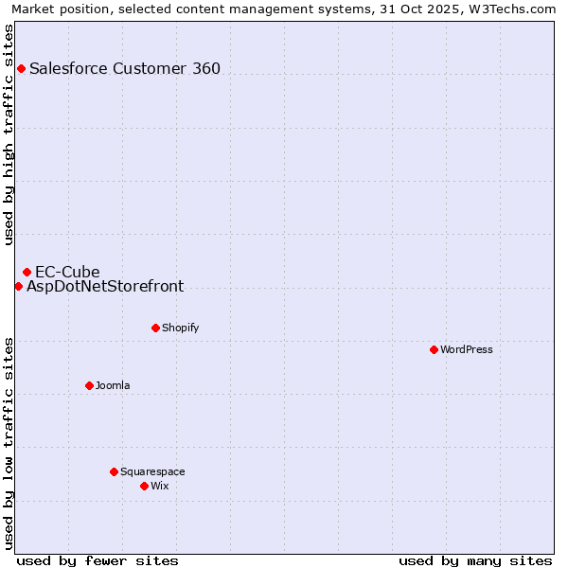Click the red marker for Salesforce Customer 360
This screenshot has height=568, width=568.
21,68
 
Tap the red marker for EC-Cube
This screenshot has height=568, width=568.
27,273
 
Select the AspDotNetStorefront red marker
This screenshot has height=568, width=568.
18,286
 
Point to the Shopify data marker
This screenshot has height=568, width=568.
155,328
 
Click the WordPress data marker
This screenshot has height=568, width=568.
434,349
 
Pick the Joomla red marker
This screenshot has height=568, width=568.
89,385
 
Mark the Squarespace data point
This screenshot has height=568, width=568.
114,471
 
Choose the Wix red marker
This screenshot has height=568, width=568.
144,486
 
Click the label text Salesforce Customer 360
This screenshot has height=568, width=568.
125,68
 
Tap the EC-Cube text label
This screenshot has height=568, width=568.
67,273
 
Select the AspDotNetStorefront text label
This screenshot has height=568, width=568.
105,286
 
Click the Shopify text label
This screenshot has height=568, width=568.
180,328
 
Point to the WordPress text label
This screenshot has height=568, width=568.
467,349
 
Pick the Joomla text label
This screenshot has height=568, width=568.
113,385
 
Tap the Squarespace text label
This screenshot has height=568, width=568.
152,471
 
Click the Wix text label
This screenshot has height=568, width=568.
160,486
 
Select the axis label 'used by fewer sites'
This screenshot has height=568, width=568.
98,560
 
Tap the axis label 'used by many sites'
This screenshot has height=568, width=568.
475,560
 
